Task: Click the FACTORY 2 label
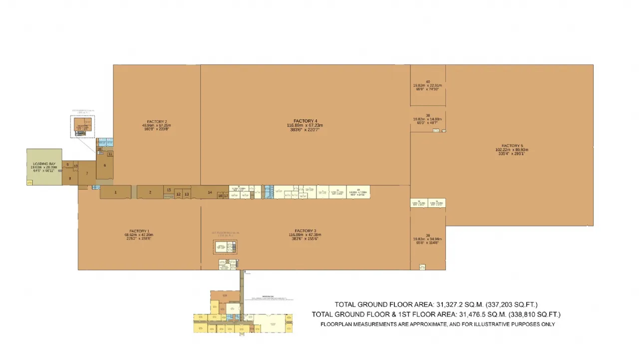(x=157, y=121)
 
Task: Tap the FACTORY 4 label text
(x=305, y=121)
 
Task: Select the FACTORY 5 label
(x=512, y=146)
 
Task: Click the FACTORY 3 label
(x=305, y=231)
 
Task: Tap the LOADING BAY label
(x=44, y=164)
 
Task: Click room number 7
(x=87, y=174)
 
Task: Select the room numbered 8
(x=70, y=178)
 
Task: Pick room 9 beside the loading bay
(x=67, y=165)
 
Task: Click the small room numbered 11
(x=110, y=154)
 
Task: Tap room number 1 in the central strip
(x=115, y=192)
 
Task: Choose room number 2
(x=150, y=192)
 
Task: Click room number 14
(x=210, y=192)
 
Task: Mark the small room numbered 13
(x=186, y=194)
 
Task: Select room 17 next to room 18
(x=226, y=196)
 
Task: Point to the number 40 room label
(x=428, y=81)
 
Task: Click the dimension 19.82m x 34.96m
(x=428, y=239)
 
